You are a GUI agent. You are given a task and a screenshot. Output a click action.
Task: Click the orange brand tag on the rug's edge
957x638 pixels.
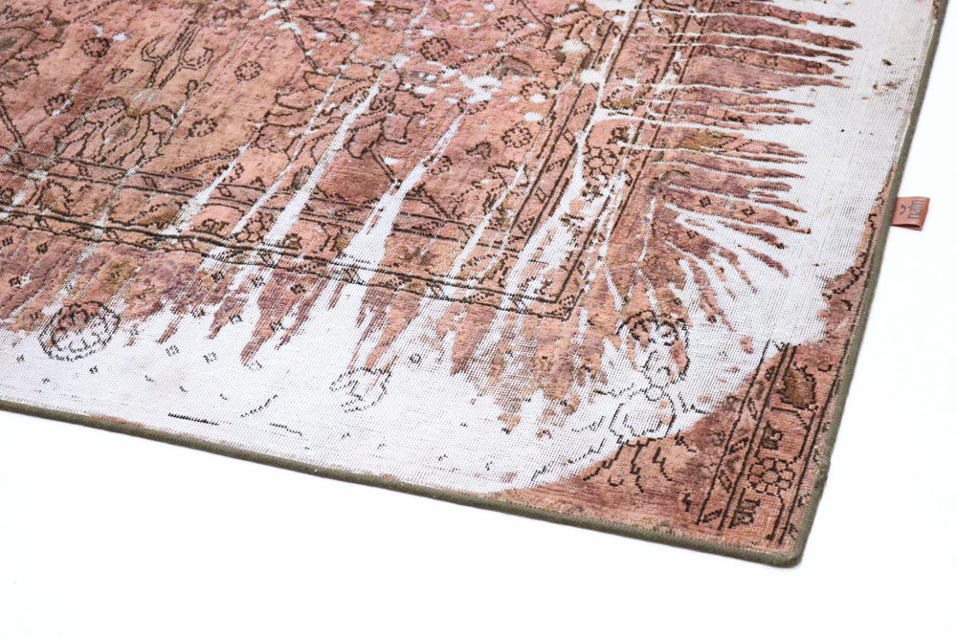[915, 211]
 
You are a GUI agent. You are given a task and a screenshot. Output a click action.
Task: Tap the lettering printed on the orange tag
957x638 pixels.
[915, 216]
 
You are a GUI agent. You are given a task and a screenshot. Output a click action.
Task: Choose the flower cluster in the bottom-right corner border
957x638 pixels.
[771, 473]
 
